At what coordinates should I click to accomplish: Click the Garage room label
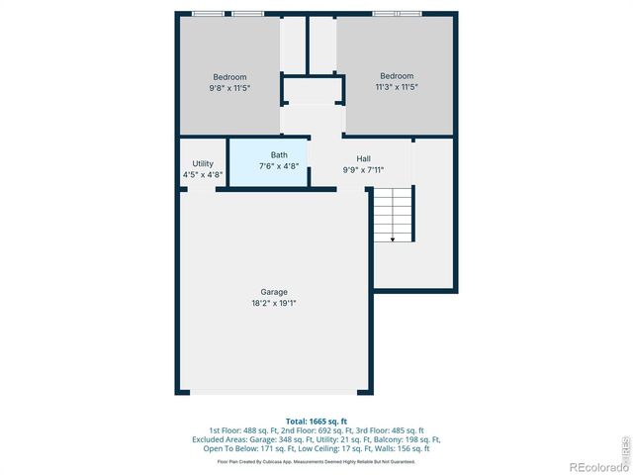click(x=274, y=292)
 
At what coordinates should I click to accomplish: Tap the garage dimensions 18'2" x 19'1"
click(x=274, y=304)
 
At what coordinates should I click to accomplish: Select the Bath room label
click(x=279, y=155)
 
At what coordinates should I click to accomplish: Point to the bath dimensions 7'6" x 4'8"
click(x=279, y=166)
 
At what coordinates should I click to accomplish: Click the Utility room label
click(x=203, y=163)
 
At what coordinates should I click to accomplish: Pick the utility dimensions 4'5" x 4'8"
click(x=203, y=175)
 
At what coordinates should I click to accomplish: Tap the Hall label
click(x=363, y=158)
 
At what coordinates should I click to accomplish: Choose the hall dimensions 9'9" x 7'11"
click(x=363, y=170)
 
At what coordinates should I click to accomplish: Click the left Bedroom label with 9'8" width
click(x=229, y=77)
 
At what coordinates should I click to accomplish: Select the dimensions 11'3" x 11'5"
click(x=397, y=88)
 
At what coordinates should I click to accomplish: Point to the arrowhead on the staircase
click(x=393, y=238)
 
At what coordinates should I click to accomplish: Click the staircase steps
click(x=393, y=213)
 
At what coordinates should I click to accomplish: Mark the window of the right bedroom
click(x=397, y=13)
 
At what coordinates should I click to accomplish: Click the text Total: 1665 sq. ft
click(x=316, y=422)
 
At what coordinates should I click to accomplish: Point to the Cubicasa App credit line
click(x=316, y=461)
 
